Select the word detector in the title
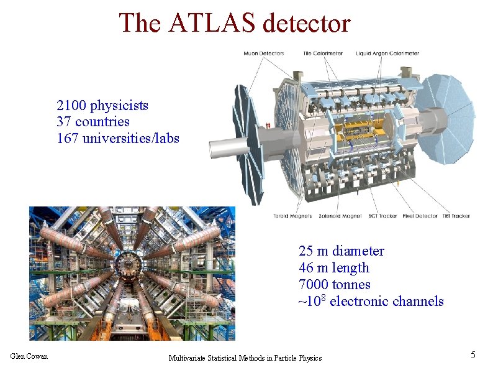[x=307, y=23]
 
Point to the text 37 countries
[x=93, y=121]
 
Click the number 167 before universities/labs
[x=67, y=138]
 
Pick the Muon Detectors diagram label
[x=263, y=53]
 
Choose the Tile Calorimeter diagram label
[x=323, y=53]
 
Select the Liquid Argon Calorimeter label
[x=387, y=53]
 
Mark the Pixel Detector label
[x=420, y=216]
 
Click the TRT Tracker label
[x=456, y=216]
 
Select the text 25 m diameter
[x=341, y=251]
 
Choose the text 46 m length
[x=333, y=268]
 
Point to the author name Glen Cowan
[x=29, y=356]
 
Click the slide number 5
[x=473, y=355]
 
